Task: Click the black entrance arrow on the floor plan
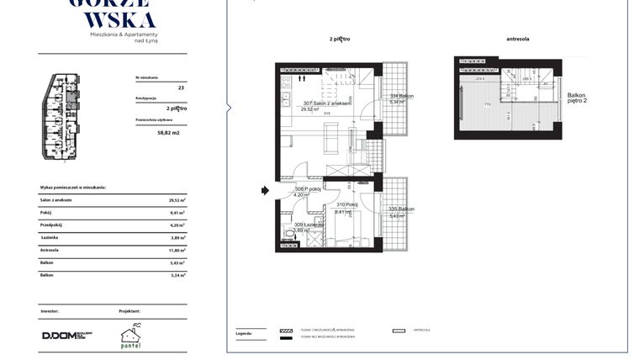tap(265, 191)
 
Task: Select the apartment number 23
tap(180, 87)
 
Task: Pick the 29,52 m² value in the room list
tap(177, 200)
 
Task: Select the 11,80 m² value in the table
tap(177, 250)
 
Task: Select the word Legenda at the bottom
tap(243, 333)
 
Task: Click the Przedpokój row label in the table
tap(53, 225)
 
